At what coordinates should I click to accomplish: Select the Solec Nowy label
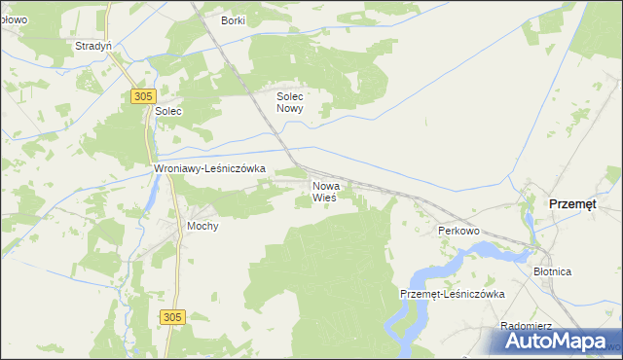point(290,103)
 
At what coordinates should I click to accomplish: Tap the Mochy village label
point(202,226)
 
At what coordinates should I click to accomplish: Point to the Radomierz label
point(526,327)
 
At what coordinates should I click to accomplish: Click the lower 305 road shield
point(172,317)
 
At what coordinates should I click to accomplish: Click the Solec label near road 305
point(168,112)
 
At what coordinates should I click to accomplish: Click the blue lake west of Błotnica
point(487,250)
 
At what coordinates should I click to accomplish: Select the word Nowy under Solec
point(290,109)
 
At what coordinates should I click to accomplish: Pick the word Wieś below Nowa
point(324,198)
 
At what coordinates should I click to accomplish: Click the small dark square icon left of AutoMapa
point(511,340)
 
